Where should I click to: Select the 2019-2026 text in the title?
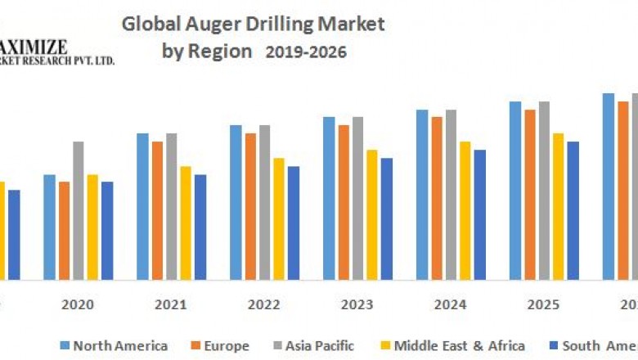click(306, 52)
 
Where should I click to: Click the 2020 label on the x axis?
click(78, 304)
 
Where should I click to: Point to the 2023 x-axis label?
click(357, 304)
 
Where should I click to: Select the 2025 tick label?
click(544, 304)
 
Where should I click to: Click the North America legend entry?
click(114, 346)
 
